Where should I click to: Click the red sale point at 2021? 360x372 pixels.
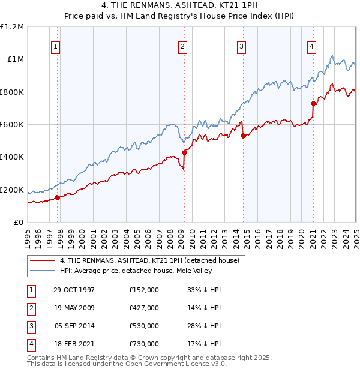pos(313,103)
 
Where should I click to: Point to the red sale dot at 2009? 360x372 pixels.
pos(185,152)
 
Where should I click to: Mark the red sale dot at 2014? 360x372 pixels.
pos(243,136)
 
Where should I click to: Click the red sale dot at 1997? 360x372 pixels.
pos(58,197)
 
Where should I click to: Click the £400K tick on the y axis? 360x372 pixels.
pos(12,157)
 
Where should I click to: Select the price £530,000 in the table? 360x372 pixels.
pos(144,326)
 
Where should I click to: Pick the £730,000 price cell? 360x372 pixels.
pos(144,344)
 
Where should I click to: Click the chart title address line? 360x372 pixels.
pos(179,7)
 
